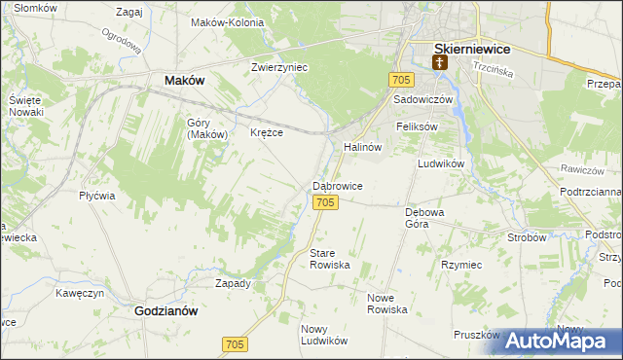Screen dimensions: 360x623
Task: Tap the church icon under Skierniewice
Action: [x=440, y=64]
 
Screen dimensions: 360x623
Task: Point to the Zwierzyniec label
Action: [x=279, y=68]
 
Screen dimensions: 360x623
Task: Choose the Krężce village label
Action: [x=267, y=132]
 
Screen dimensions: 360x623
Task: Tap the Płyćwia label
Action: [x=97, y=195]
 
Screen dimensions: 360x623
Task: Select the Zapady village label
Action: [x=233, y=283]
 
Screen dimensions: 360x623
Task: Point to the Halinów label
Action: [x=361, y=147]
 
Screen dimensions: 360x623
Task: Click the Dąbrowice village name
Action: [x=338, y=185]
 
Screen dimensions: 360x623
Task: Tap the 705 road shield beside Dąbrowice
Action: [x=326, y=201]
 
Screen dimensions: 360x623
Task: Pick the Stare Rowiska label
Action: [x=329, y=259]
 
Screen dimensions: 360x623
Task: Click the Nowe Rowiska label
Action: [x=386, y=303]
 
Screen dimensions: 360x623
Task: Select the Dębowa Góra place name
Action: [x=424, y=217]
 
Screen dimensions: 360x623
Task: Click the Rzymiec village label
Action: [x=461, y=264]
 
